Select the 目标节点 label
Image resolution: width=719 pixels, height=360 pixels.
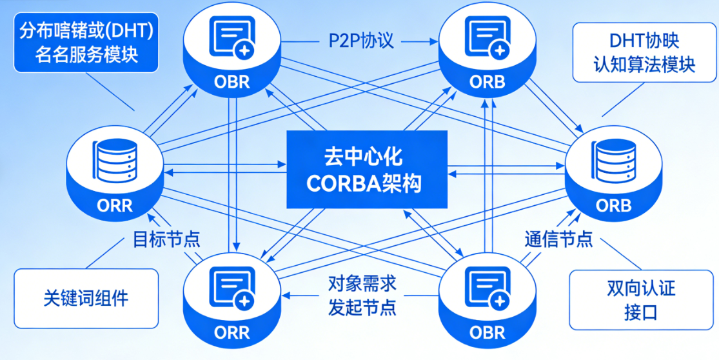166,239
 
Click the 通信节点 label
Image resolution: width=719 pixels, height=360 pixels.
558,239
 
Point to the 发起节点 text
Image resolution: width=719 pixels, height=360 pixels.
362,306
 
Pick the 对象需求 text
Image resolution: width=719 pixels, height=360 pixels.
362,284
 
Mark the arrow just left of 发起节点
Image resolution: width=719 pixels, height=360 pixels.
299,295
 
